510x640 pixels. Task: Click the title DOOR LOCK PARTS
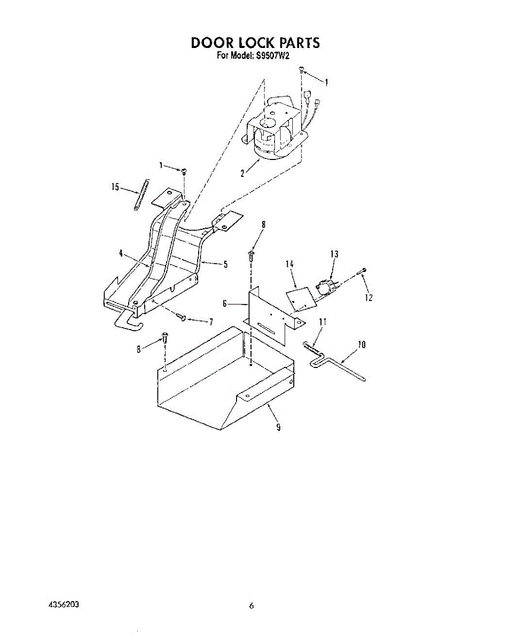click(255, 43)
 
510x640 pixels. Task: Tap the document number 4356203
click(64, 605)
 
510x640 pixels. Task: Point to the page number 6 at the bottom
click(251, 606)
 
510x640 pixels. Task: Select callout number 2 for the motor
click(242, 173)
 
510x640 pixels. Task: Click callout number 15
click(114, 187)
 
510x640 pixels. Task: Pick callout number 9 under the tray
click(278, 427)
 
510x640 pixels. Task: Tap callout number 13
click(334, 254)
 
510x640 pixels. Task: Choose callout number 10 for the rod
click(361, 345)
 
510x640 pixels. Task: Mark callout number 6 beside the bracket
click(225, 304)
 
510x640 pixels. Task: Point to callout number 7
click(211, 321)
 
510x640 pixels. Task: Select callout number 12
click(368, 298)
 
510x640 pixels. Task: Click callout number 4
click(122, 254)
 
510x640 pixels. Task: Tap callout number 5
click(225, 264)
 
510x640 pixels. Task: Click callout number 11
click(323, 322)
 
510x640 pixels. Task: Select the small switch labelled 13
click(325, 287)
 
